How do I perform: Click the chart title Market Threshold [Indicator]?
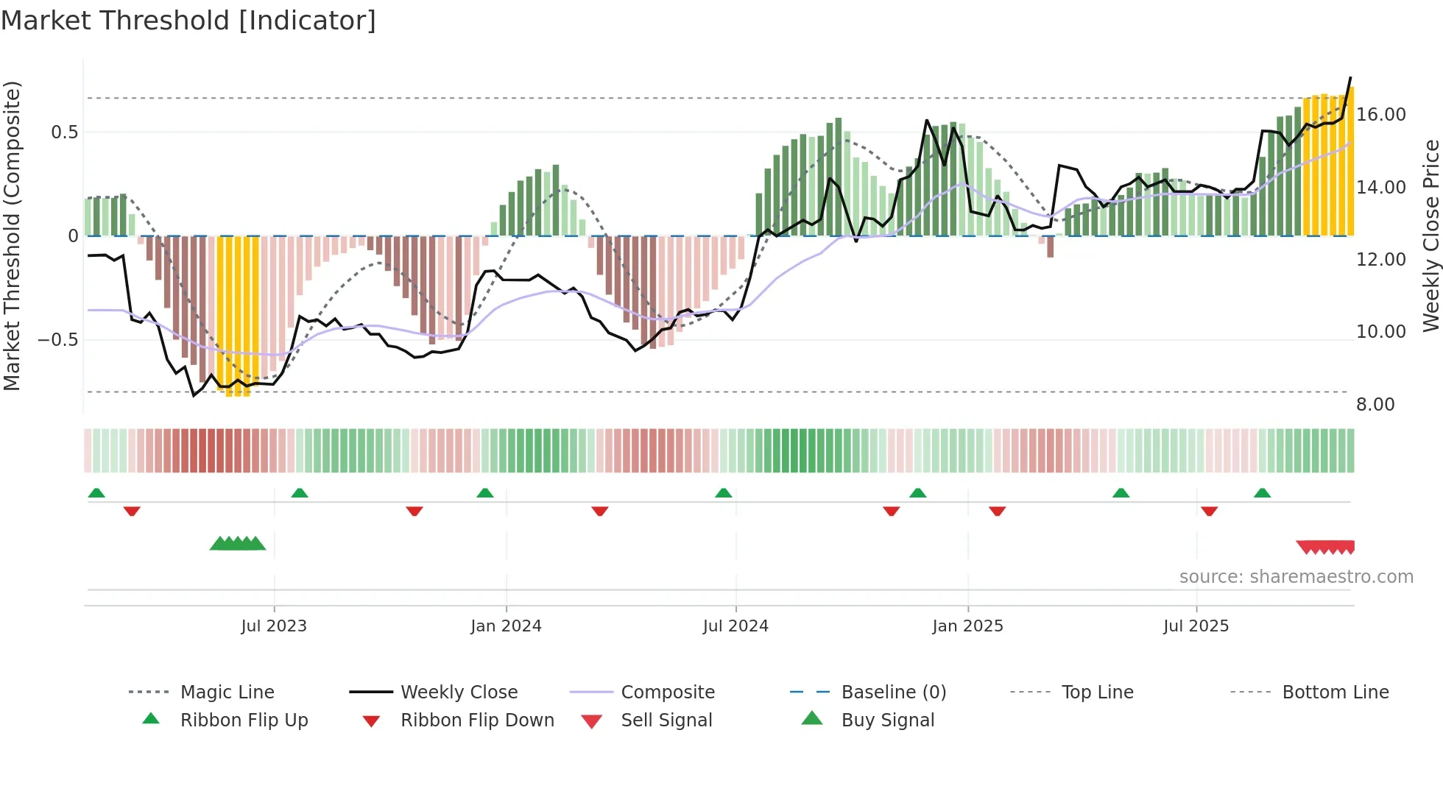click(x=188, y=21)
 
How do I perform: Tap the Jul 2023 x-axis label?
click(x=274, y=626)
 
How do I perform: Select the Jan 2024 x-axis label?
click(x=506, y=626)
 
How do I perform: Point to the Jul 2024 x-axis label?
click(x=735, y=626)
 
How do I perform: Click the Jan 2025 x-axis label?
click(x=967, y=626)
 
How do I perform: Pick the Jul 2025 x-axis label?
click(x=1196, y=626)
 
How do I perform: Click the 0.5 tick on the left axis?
click(x=64, y=132)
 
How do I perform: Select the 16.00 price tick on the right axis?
click(x=1381, y=115)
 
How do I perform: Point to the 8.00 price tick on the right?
click(x=1375, y=405)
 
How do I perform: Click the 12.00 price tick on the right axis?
click(x=1381, y=260)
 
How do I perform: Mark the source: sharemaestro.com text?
click(x=1296, y=577)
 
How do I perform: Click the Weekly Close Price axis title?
click(x=1430, y=235)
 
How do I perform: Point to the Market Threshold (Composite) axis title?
click(x=12, y=235)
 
